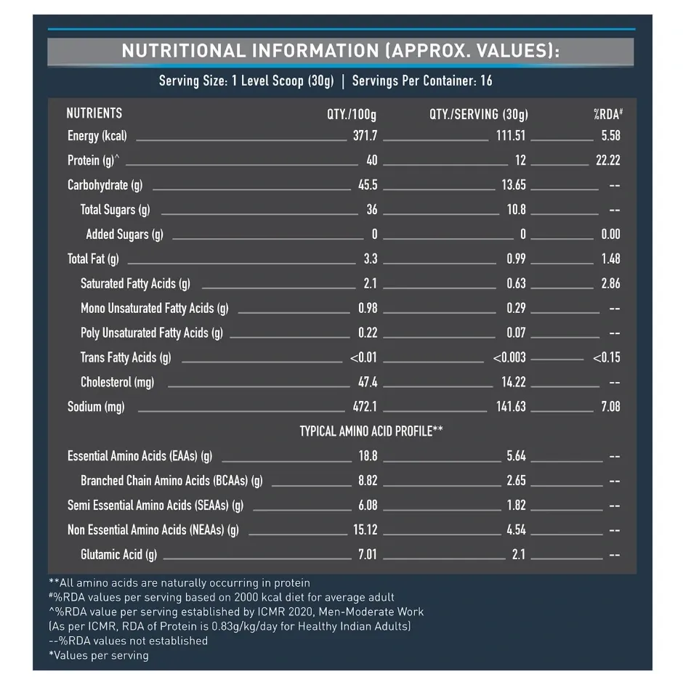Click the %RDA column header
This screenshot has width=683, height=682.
coord(608,114)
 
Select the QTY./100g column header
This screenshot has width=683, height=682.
coord(352,115)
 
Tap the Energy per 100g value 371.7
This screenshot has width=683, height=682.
coord(365,136)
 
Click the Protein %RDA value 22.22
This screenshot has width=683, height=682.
coord(607,161)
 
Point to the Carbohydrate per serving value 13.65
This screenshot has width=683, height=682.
coord(514,185)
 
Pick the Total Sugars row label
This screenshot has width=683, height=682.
coord(115,210)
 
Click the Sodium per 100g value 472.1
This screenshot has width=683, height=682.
coord(365,407)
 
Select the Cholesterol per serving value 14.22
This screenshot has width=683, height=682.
coord(514,382)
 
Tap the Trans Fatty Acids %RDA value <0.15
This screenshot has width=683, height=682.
coord(606,357)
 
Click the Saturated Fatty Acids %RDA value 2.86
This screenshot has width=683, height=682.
coord(610,283)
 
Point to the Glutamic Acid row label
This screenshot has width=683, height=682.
coord(118,555)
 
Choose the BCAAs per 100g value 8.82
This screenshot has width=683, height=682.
coord(368,481)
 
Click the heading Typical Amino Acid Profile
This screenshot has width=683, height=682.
coord(371,431)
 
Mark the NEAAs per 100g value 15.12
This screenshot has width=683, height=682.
coord(365,530)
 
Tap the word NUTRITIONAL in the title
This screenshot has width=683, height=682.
coord(184,51)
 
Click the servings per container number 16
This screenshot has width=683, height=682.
coord(486,81)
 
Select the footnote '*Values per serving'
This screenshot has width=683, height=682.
coord(99,655)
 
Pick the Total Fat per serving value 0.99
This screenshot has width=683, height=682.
coord(516,259)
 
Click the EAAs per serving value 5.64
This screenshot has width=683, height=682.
coord(516,456)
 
